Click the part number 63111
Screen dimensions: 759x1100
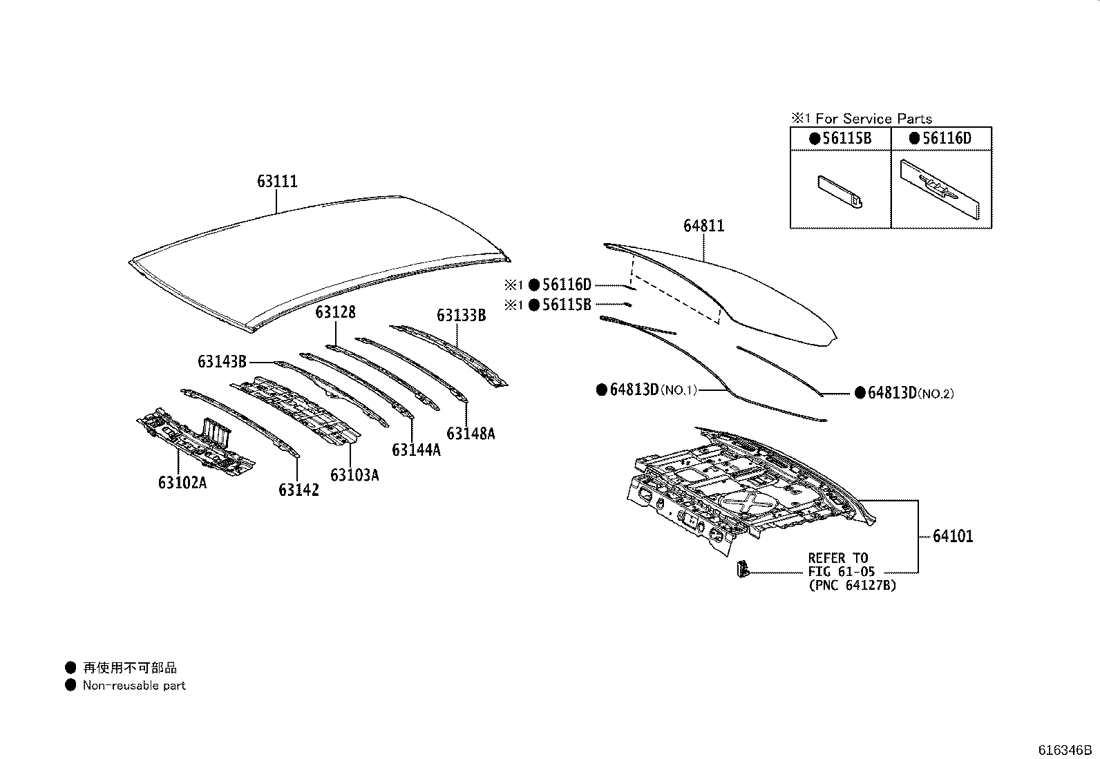click(x=277, y=182)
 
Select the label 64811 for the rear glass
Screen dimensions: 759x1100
click(x=703, y=226)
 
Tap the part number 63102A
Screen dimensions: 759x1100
click(x=182, y=483)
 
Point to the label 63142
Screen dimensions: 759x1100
click(x=298, y=490)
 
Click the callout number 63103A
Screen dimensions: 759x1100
click(x=354, y=475)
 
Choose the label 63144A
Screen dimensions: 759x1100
click(x=416, y=450)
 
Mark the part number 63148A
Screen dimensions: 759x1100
click(x=471, y=434)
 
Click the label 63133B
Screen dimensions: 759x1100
click(x=461, y=316)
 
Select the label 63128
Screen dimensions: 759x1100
click(x=335, y=312)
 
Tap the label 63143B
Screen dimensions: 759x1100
click(x=222, y=361)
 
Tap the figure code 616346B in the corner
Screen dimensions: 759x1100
click(x=1065, y=750)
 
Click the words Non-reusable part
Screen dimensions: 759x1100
click(x=134, y=686)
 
